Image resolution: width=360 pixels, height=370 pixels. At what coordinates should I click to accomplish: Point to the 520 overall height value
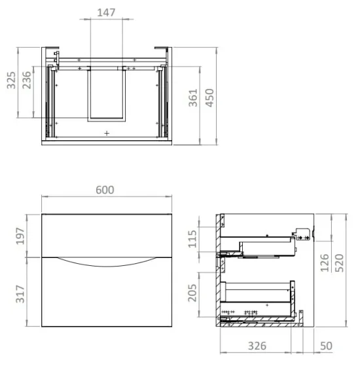pyautogui.click(x=342, y=265)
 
